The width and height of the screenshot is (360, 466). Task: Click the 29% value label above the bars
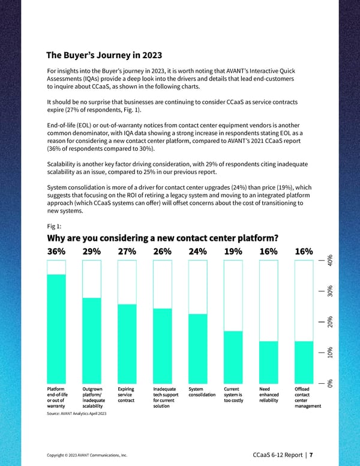click(92, 252)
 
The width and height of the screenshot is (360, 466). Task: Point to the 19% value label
click(233, 252)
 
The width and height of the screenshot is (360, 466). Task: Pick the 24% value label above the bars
click(197, 252)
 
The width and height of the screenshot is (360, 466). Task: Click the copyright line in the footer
click(86, 454)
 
